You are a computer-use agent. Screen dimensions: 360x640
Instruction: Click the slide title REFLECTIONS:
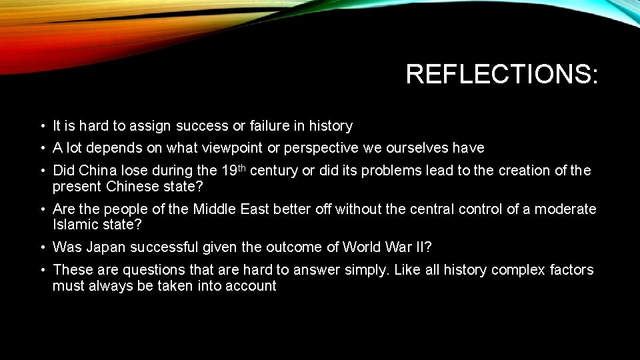click(502, 74)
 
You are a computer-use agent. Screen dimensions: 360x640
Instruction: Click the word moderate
click(565, 209)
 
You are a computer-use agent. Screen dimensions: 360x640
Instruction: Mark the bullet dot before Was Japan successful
click(41, 248)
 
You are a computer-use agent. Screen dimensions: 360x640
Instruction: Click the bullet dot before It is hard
click(41, 127)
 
